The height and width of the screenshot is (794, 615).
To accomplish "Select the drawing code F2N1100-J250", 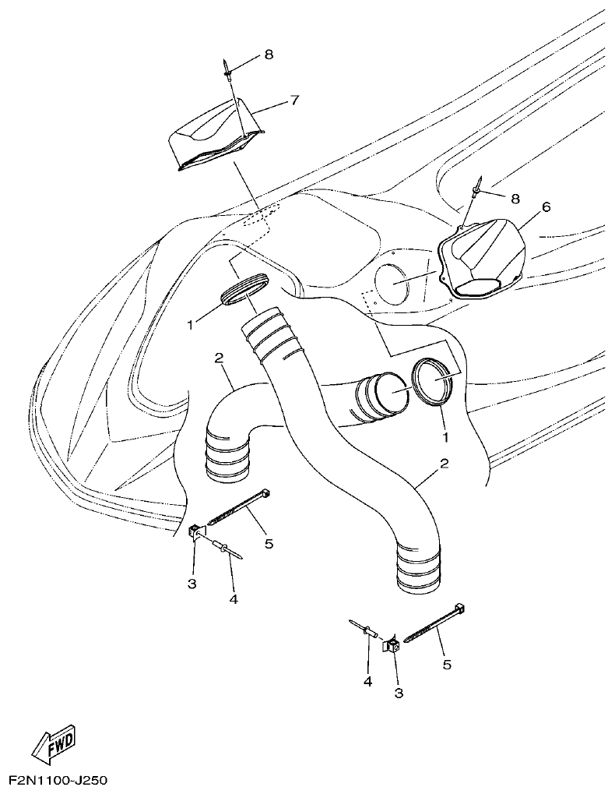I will click(x=58, y=779).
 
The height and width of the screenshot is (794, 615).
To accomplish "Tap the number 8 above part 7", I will click(x=269, y=55).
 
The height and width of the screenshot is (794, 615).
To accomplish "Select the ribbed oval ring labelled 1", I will click(x=244, y=290).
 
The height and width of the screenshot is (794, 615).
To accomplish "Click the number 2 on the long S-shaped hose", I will click(x=445, y=464).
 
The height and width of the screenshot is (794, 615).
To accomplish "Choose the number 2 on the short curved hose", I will click(x=220, y=358).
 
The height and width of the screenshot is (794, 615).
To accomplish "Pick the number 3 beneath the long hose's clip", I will click(x=399, y=692).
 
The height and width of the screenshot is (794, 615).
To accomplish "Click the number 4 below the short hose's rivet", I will click(x=232, y=599).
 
